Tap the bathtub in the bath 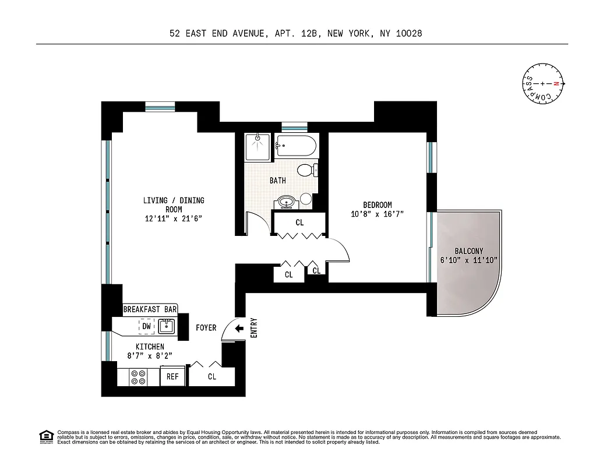pos(296,146)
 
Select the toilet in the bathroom pos(305,170)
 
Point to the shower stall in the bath pos(257,146)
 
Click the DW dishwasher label pos(146,326)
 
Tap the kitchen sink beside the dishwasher pos(167,326)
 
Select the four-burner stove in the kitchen pos(139,377)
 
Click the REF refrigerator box pos(172,377)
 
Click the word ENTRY pos(253,328)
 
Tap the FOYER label pos(206,328)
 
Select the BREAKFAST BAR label pos(150,309)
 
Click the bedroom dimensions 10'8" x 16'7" pos(378,214)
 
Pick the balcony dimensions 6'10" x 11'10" pos(468,260)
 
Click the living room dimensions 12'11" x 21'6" pos(174,219)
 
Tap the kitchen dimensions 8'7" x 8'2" pos(150,356)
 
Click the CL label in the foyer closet pos(211,377)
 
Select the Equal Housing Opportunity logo pos(45,436)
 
